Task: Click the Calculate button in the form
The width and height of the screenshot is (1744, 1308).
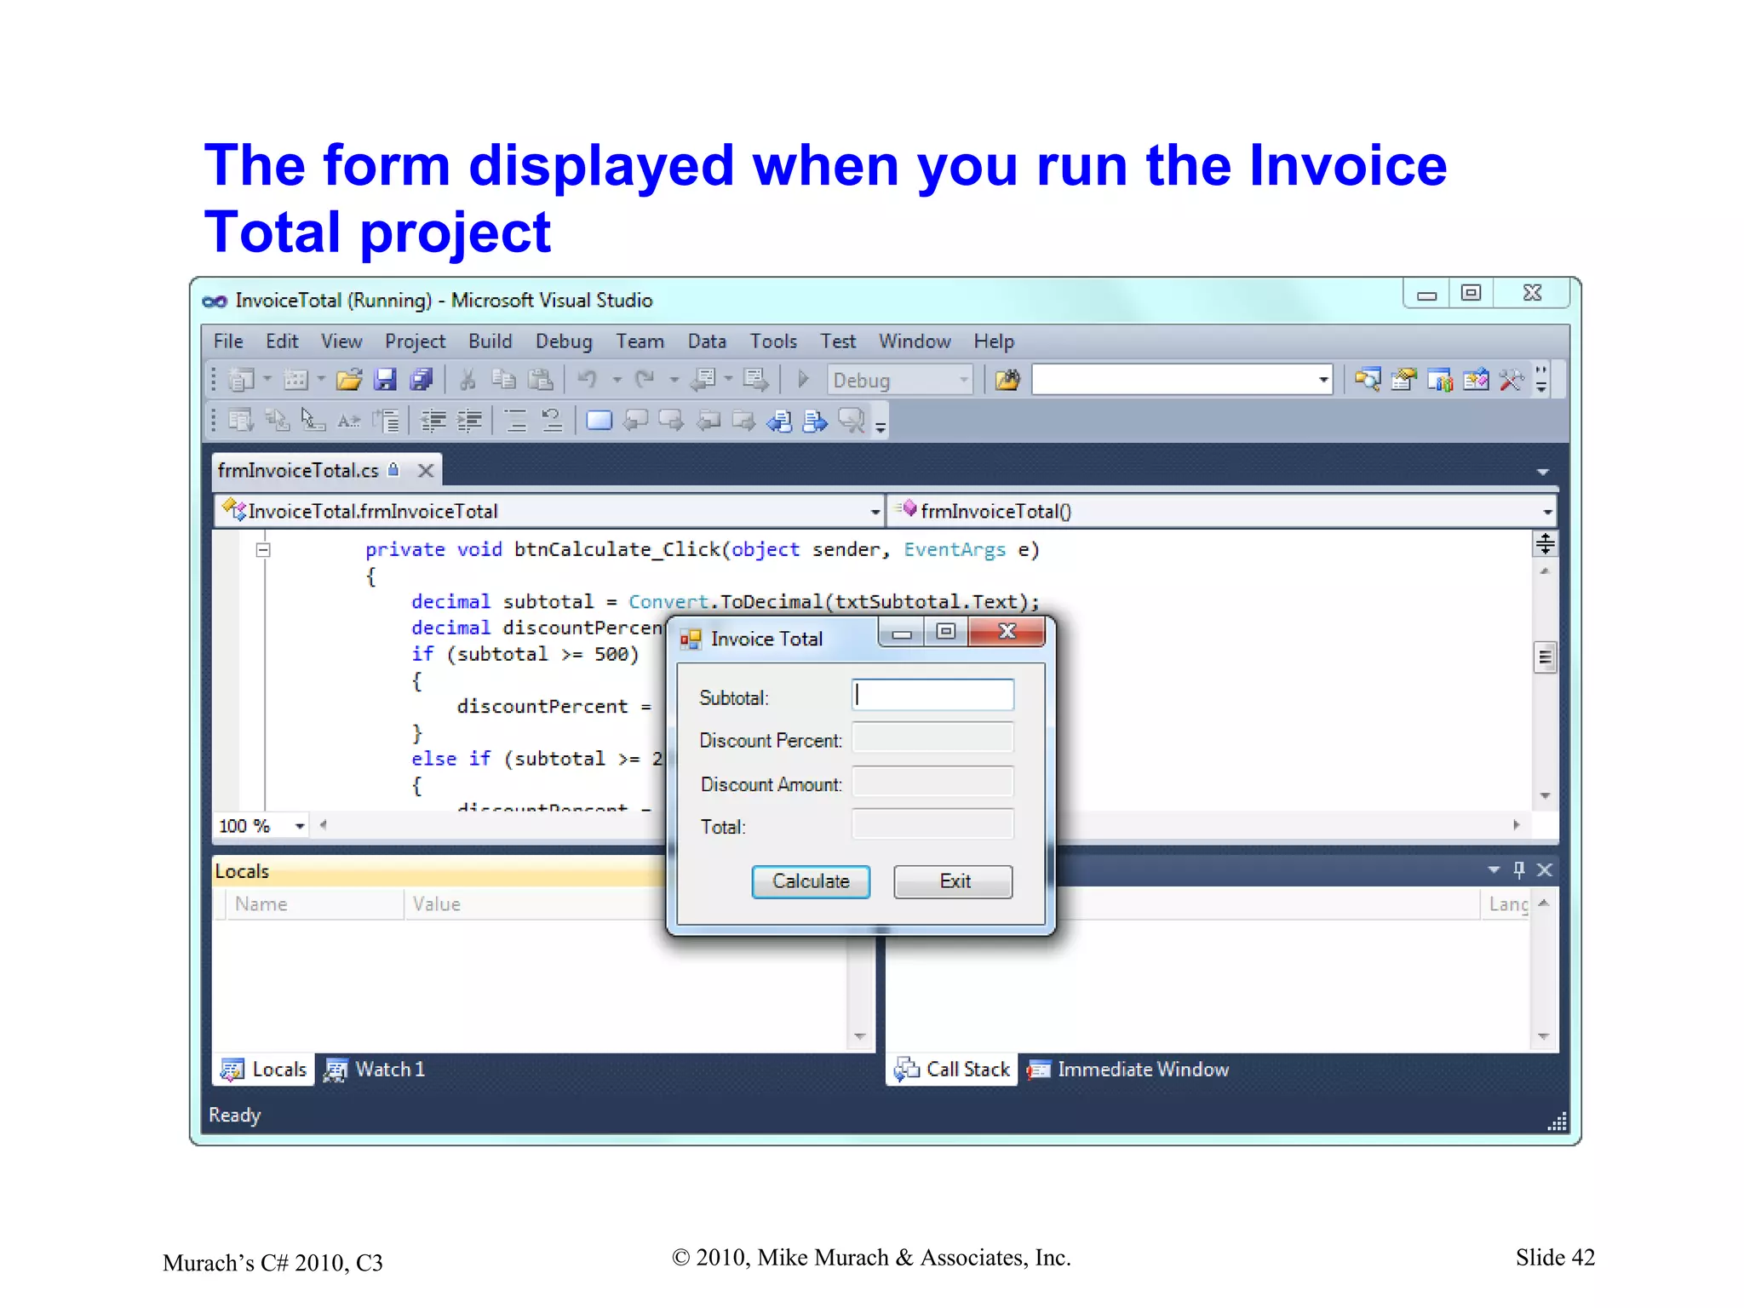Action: point(810,881)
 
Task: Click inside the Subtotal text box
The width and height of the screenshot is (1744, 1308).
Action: point(932,695)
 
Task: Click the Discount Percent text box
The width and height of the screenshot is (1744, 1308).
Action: point(932,738)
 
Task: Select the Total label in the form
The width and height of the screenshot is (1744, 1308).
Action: point(722,827)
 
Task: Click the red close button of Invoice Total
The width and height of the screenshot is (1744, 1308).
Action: point(1007,632)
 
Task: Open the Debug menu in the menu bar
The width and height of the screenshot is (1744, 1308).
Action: point(563,341)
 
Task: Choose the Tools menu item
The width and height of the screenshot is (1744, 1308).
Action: point(772,341)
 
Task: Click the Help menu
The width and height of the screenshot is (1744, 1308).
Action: point(993,341)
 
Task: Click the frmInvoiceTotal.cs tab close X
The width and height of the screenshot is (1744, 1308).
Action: point(426,470)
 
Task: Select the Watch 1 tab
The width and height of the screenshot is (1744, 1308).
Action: point(376,1070)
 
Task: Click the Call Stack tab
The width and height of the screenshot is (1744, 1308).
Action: point(953,1070)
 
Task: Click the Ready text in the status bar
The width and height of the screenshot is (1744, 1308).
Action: point(234,1115)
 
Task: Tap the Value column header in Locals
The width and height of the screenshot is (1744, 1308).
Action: point(436,904)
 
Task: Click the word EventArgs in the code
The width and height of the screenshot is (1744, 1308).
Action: point(954,549)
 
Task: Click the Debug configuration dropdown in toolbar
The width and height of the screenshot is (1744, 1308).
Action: point(899,380)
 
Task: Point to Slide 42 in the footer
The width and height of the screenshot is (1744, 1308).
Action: point(1554,1258)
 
